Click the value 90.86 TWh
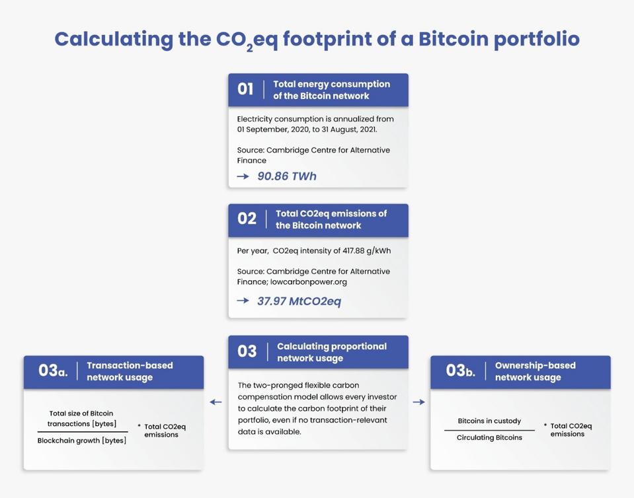pos(287,176)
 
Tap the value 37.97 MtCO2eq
pos(299,301)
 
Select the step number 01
pos(245,89)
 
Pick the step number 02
pos(247,219)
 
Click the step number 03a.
pos(53,371)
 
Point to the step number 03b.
pos(461,371)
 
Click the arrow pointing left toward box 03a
pos(216,402)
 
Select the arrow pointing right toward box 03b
pos(419,402)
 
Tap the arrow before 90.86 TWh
pos(243,176)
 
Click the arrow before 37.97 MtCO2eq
pos(243,301)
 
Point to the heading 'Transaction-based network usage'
pos(130,371)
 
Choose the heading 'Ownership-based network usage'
pos(535,371)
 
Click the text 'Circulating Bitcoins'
pos(489,437)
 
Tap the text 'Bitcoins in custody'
pos(489,421)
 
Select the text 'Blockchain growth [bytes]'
pos(82,441)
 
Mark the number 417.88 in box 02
pos(354,250)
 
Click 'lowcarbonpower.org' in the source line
pos(309,282)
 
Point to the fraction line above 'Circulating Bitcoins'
pos(489,430)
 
